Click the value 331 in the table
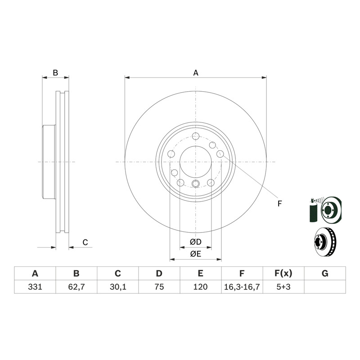tap(35, 287)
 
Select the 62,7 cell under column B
tap(76, 287)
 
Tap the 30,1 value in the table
tap(118, 287)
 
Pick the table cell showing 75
tap(159, 287)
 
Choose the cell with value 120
tap(200, 287)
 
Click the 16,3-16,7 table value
tap(242, 287)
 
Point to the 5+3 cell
tap(283, 287)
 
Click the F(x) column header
tap(283, 274)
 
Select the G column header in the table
tap(325, 274)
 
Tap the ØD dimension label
tap(196, 242)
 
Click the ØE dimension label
tap(196, 254)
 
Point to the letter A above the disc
tap(196, 73)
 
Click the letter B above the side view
tap(55, 72)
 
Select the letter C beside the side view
tap(85, 243)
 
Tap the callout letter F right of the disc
tap(279, 204)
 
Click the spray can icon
tap(313, 210)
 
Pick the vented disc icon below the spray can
tap(325, 242)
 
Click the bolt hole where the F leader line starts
tap(220, 153)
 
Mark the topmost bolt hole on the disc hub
tap(196, 136)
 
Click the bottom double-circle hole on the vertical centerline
tap(196, 184)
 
